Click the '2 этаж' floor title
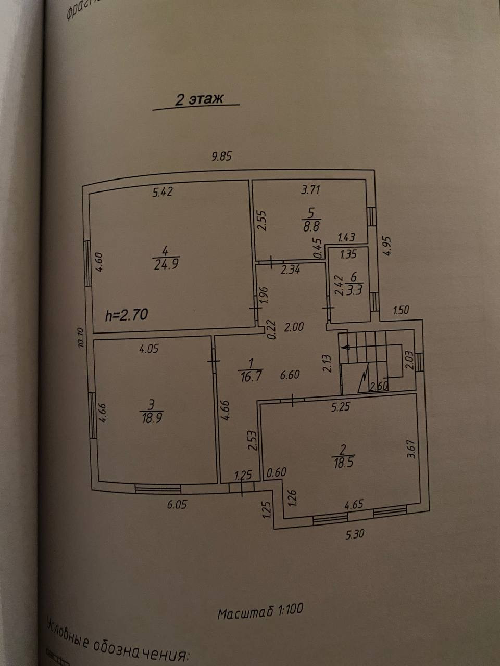tap(199, 99)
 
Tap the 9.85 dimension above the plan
tap(221, 156)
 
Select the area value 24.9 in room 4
tap(166, 264)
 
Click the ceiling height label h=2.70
tap(127, 314)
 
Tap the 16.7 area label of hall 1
tap(250, 377)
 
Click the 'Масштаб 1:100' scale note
tap(260, 611)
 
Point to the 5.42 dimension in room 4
tap(162, 192)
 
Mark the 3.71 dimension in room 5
tap(310, 189)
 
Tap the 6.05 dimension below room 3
tap(177, 504)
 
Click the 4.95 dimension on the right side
tap(387, 246)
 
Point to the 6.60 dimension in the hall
tap(290, 374)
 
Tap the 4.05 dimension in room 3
tap(148, 349)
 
